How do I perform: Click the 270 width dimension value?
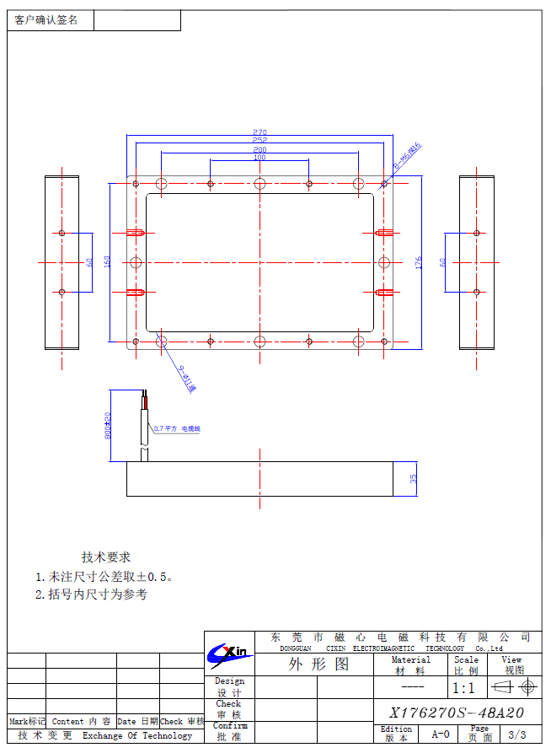pyautogui.click(x=259, y=132)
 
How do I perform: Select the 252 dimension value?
pyautogui.click(x=259, y=140)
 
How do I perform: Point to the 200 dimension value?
pyautogui.click(x=259, y=149)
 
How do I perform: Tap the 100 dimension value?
pyautogui.click(x=259, y=158)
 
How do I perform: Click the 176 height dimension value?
pyautogui.click(x=419, y=263)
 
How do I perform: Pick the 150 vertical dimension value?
pyautogui.click(x=107, y=262)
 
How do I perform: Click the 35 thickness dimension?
pyautogui.click(x=414, y=478)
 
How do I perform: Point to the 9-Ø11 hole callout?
pyautogui.click(x=187, y=379)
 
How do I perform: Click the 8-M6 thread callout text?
pyautogui.click(x=408, y=157)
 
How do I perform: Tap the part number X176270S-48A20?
pyautogui.click(x=457, y=713)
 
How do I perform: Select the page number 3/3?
pyautogui.click(x=516, y=734)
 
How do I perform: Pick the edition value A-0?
pyautogui.click(x=441, y=734)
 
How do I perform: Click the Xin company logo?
pyautogui.click(x=228, y=652)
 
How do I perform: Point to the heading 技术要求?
pyautogui.click(x=106, y=557)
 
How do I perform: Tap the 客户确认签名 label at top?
pyautogui.click(x=46, y=20)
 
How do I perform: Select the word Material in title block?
pyautogui.click(x=410, y=659)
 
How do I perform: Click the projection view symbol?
pyautogui.click(x=513, y=688)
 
